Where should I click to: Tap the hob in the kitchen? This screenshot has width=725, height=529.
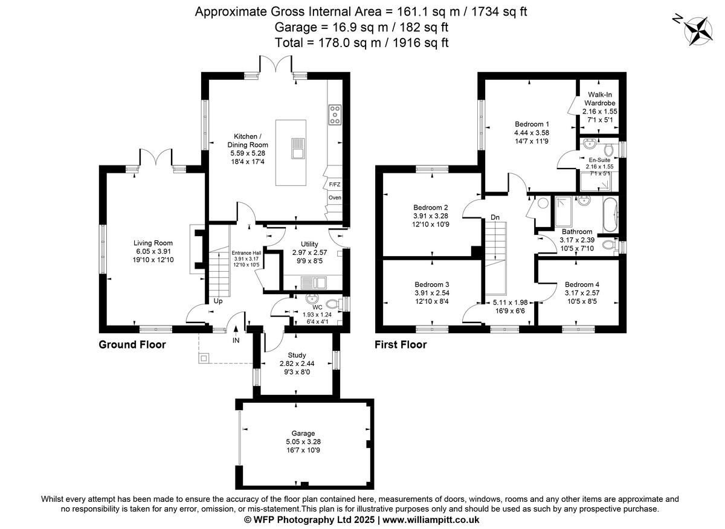[334, 114]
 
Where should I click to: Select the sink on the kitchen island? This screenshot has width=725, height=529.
[297, 148]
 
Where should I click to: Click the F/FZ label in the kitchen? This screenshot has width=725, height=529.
[334, 184]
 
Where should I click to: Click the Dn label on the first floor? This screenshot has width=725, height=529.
[495, 217]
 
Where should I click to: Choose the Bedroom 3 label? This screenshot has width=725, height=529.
[431, 284]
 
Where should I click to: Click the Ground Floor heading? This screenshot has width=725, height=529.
[132, 345]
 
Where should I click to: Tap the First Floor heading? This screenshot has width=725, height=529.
[401, 345]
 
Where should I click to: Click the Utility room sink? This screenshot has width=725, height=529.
[312, 281]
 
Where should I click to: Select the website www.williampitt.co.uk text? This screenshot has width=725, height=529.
[430, 519]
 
